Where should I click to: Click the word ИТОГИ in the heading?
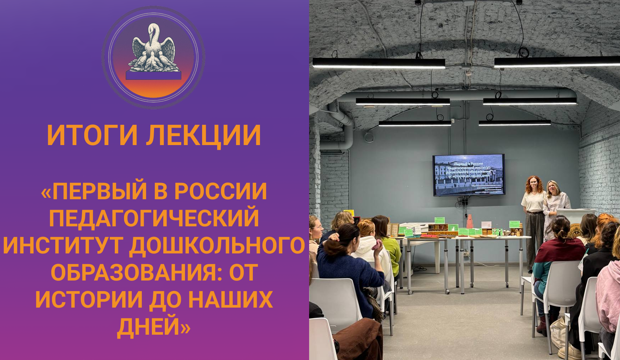pyautogui.click(x=92, y=135)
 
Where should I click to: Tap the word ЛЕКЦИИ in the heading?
pyautogui.click(x=204, y=135)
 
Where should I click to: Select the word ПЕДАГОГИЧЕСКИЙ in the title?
pyautogui.click(x=154, y=218)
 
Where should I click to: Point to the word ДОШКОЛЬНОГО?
pyautogui.click(x=217, y=245)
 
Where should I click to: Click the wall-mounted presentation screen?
pyautogui.click(x=468, y=175)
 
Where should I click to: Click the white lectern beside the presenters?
pyautogui.click(x=574, y=217)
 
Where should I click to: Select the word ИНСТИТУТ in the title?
pyautogui.click(x=65, y=245)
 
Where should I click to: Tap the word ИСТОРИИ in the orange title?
pyautogui.click(x=89, y=300)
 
